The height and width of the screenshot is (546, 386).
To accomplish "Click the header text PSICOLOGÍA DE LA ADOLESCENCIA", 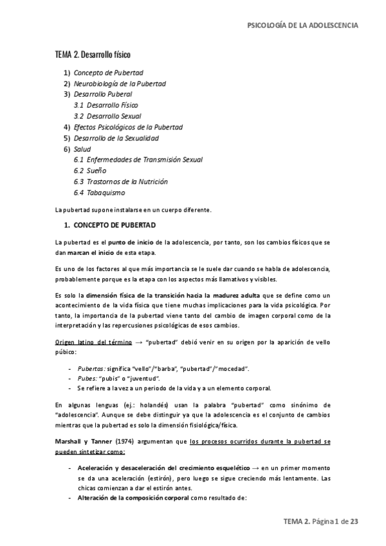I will click(303, 25).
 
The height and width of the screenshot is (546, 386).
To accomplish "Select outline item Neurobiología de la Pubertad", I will click(120, 84).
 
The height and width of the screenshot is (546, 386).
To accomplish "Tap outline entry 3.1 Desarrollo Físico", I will click(106, 105).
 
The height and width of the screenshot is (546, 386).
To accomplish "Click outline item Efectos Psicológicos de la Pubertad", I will click(129, 127).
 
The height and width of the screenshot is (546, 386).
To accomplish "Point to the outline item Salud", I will click(82, 149).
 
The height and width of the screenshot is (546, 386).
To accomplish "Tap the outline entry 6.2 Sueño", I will click(92, 171).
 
